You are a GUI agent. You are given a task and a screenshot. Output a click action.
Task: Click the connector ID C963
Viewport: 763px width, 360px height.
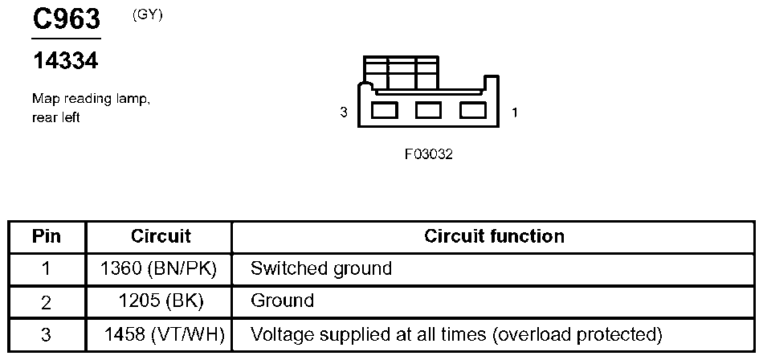[x=66, y=19]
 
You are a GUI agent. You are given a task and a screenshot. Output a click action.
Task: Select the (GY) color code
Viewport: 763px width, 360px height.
[x=147, y=14]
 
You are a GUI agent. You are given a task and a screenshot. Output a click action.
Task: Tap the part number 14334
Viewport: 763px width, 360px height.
[x=65, y=61]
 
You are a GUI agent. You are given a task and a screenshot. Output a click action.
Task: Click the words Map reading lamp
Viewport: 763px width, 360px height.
[x=91, y=99]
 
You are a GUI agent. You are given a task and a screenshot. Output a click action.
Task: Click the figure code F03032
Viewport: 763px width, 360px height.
[x=429, y=154]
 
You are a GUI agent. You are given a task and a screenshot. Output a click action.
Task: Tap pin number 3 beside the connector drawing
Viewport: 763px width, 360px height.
[x=344, y=112]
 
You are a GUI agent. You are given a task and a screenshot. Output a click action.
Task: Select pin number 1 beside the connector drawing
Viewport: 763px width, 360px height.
[x=515, y=112]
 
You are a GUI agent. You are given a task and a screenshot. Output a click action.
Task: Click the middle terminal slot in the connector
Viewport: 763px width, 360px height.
[x=428, y=109]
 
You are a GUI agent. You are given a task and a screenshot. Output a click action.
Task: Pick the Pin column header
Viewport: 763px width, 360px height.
[x=47, y=236]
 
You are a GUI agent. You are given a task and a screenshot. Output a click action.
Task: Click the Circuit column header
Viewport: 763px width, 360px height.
[x=160, y=236]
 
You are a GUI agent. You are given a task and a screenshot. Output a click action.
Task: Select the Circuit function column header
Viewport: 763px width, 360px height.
[x=494, y=236]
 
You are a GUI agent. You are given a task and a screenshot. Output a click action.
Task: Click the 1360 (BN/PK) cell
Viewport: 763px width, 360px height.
[x=160, y=268]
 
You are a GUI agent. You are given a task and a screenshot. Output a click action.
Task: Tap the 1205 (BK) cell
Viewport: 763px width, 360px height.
[x=160, y=301]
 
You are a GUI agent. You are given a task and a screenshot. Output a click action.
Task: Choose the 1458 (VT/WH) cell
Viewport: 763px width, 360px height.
[x=164, y=333]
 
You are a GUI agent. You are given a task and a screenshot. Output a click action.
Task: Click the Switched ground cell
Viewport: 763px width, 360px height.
[x=321, y=268]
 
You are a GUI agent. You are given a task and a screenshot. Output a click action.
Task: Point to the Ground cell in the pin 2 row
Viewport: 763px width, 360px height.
[x=282, y=301]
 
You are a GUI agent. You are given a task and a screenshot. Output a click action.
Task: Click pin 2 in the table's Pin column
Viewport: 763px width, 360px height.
[x=47, y=302]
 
